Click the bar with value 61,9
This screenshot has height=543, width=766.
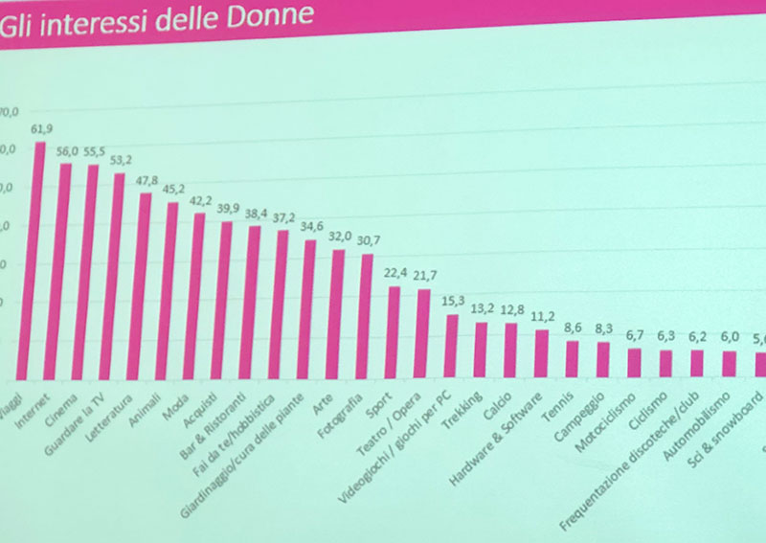click(x=39, y=259)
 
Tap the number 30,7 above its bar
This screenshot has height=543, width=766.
click(x=369, y=239)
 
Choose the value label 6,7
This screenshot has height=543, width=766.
click(x=633, y=334)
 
